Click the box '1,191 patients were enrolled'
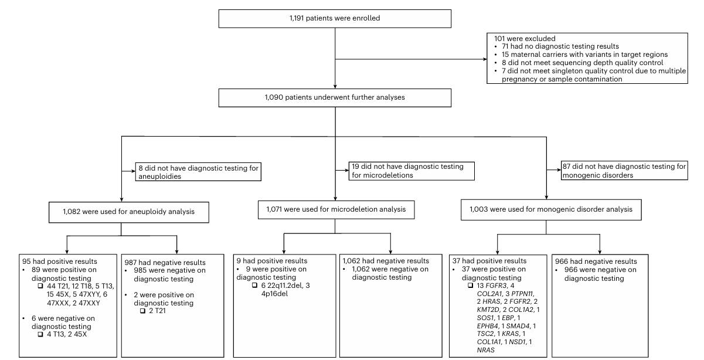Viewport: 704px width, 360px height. (335, 19)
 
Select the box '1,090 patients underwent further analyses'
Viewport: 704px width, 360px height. (335, 98)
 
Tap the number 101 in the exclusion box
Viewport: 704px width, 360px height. (499, 39)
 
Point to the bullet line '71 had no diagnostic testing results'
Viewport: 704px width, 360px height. (560, 46)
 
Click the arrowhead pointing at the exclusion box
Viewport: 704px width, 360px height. (485, 59)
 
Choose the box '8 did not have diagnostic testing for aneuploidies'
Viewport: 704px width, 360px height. (198, 172)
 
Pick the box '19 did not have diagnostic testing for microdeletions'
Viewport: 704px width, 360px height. (411, 171)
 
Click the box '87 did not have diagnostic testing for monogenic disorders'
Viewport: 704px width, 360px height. (624, 171)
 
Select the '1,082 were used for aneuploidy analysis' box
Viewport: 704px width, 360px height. (129, 212)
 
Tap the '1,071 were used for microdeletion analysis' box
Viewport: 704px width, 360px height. (336, 210)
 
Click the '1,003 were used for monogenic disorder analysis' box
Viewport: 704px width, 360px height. (551, 210)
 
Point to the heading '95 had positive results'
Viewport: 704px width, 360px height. (59, 261)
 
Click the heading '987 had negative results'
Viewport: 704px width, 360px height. (165, 263)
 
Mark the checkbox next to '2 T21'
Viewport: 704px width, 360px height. (142, 311)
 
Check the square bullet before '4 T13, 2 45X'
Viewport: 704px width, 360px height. (40, 334)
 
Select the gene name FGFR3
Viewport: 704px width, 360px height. (496, 286)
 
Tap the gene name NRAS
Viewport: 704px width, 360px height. (485, 350)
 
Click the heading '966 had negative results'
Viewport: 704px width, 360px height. (596, 261)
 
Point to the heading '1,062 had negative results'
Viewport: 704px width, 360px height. (386, 261)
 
